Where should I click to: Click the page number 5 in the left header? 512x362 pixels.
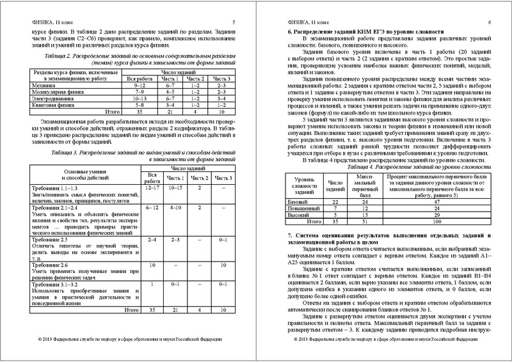pos(234,22)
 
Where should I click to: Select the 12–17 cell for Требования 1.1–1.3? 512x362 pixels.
pos(152,188)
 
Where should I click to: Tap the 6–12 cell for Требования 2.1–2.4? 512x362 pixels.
pos(152,209)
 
